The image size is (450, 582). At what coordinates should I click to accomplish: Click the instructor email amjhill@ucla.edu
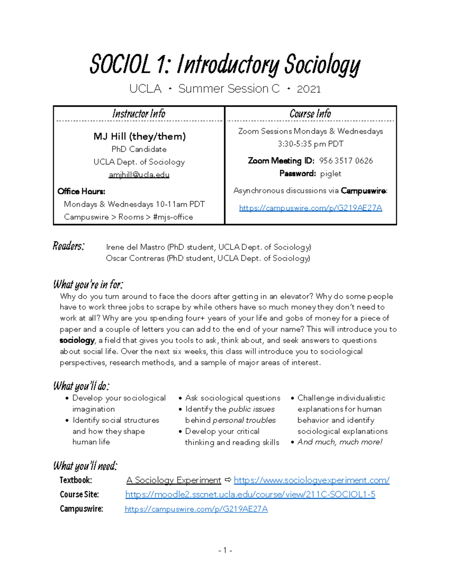139,175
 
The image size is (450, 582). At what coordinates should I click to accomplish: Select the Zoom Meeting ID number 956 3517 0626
346,161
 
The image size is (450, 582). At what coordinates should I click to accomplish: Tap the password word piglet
330,174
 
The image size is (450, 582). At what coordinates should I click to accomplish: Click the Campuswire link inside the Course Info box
310,208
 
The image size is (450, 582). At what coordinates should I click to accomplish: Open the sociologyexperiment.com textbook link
311,480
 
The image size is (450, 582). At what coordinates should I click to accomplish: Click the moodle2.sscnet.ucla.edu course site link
250,494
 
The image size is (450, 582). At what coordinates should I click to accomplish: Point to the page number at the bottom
225,550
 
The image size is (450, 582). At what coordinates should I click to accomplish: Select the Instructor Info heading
139,114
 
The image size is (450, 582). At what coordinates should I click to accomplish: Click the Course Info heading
310,114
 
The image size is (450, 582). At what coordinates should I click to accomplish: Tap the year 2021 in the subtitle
309,89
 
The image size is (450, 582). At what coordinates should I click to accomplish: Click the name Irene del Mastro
136,247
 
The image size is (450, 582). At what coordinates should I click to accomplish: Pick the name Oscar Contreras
135,258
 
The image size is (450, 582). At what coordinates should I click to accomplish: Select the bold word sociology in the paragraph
77,340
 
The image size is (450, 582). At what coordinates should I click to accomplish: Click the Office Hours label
81,192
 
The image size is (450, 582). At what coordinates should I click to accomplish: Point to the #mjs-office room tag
173,217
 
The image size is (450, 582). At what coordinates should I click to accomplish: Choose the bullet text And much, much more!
340,442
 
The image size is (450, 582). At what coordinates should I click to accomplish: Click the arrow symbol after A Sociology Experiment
227,480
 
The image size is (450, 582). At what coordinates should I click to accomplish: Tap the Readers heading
69,246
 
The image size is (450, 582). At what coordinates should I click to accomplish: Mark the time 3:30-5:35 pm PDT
310,144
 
